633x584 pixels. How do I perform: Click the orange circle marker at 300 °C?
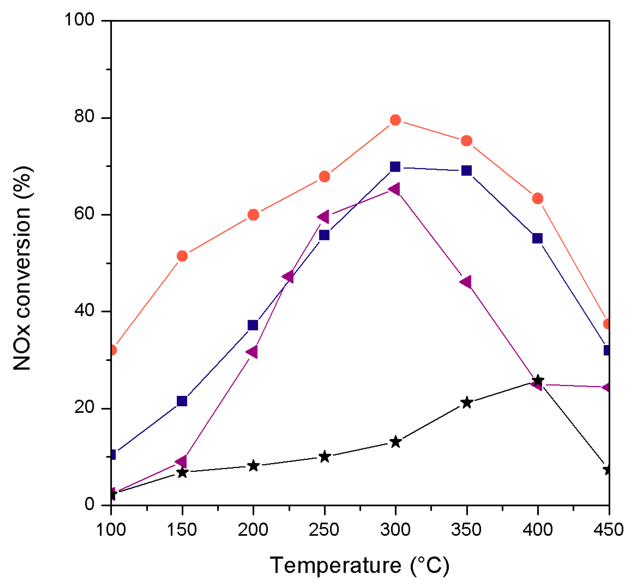[x=395, y=120]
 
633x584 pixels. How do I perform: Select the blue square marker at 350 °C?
[x=466, y=171]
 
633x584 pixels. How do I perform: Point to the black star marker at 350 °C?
[x=466, y=403]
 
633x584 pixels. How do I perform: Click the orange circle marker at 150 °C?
[x=182, y=256]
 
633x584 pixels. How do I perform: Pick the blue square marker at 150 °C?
[x=182, y=401]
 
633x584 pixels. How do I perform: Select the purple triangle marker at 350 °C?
[x=466, y=282]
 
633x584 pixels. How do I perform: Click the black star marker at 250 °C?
[x=324, y=457]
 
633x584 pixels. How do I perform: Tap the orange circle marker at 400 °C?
[x=538, y=198]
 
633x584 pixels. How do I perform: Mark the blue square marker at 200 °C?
[x=253, y=325]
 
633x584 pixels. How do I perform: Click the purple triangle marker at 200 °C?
[x=252, y=352]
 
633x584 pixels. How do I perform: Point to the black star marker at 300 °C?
[x=395, y=442]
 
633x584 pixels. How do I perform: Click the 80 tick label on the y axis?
[x=84, y=117]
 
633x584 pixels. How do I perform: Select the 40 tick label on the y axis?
[x=84, y=310]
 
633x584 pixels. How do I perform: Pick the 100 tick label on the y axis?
[x=79, y=20]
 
